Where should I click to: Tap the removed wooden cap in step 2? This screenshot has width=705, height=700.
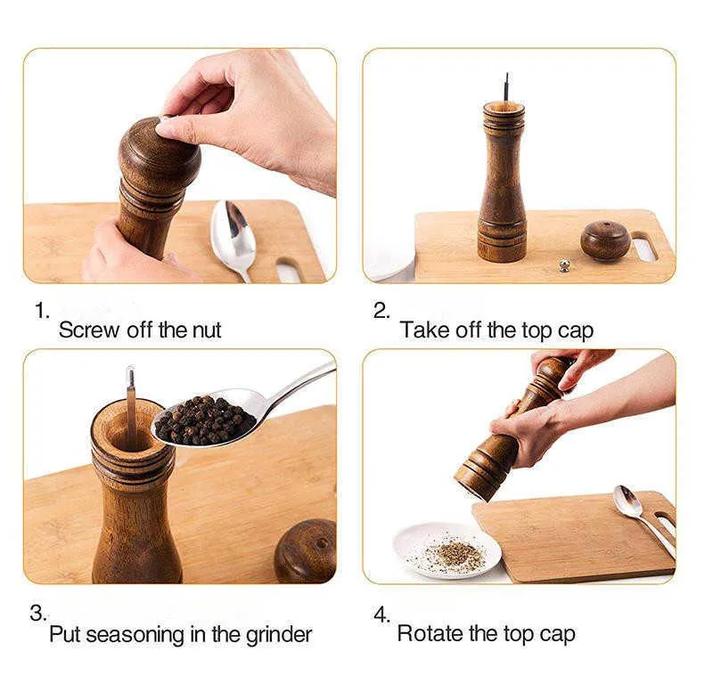(605, 240)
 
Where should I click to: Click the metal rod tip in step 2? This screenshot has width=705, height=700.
(507, 75)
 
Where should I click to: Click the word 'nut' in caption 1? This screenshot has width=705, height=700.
(207, 330)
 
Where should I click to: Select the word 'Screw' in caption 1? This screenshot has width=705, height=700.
(90, 330)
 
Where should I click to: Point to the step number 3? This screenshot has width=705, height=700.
(37, 613)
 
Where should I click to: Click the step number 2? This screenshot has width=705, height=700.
(381, 311)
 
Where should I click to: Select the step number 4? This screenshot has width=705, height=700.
(381, 614)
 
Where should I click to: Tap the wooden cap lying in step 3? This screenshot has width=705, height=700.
(306, 551)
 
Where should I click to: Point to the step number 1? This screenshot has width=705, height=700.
(41, 311)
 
